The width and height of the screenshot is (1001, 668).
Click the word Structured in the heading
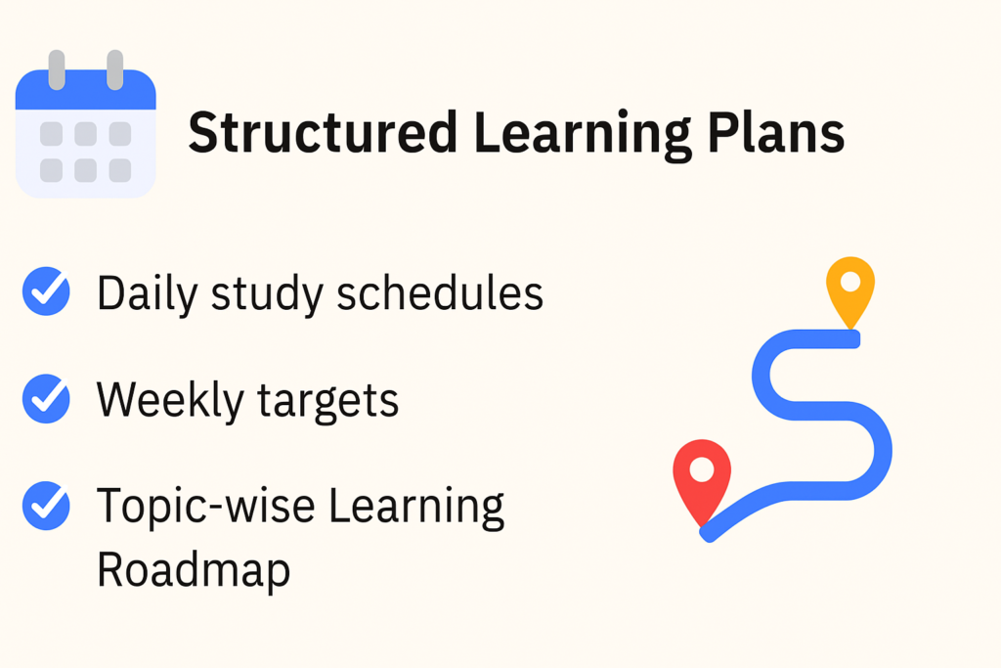pyautogui.click(x=323, y=132)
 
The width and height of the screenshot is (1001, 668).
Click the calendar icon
pyautogui.click(x=86, y=124)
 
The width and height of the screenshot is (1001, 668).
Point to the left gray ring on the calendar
pyautogui.click(x=57, y=69)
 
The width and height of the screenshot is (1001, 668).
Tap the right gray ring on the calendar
pyautogui.click(x=115, y=69)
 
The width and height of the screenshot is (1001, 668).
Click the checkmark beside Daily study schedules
pyautogui.click(x=46, y=291)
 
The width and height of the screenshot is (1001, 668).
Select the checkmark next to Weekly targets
pyautogui.click(x=46, y=398)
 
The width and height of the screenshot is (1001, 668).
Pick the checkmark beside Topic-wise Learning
pyautogui.click(x=46, y=506)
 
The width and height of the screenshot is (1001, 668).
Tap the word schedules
pyautogui.click(x=440, y=293)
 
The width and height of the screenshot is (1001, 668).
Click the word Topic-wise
pyautogui.click(x=205, y=505)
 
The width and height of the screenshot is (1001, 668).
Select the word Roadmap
pyautogui.click(x=194, y=570)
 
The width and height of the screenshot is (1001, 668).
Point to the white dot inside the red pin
pyautogui.click(x=702, y=469)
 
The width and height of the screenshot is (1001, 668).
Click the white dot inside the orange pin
pyautogui.click(x=850, y=281)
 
